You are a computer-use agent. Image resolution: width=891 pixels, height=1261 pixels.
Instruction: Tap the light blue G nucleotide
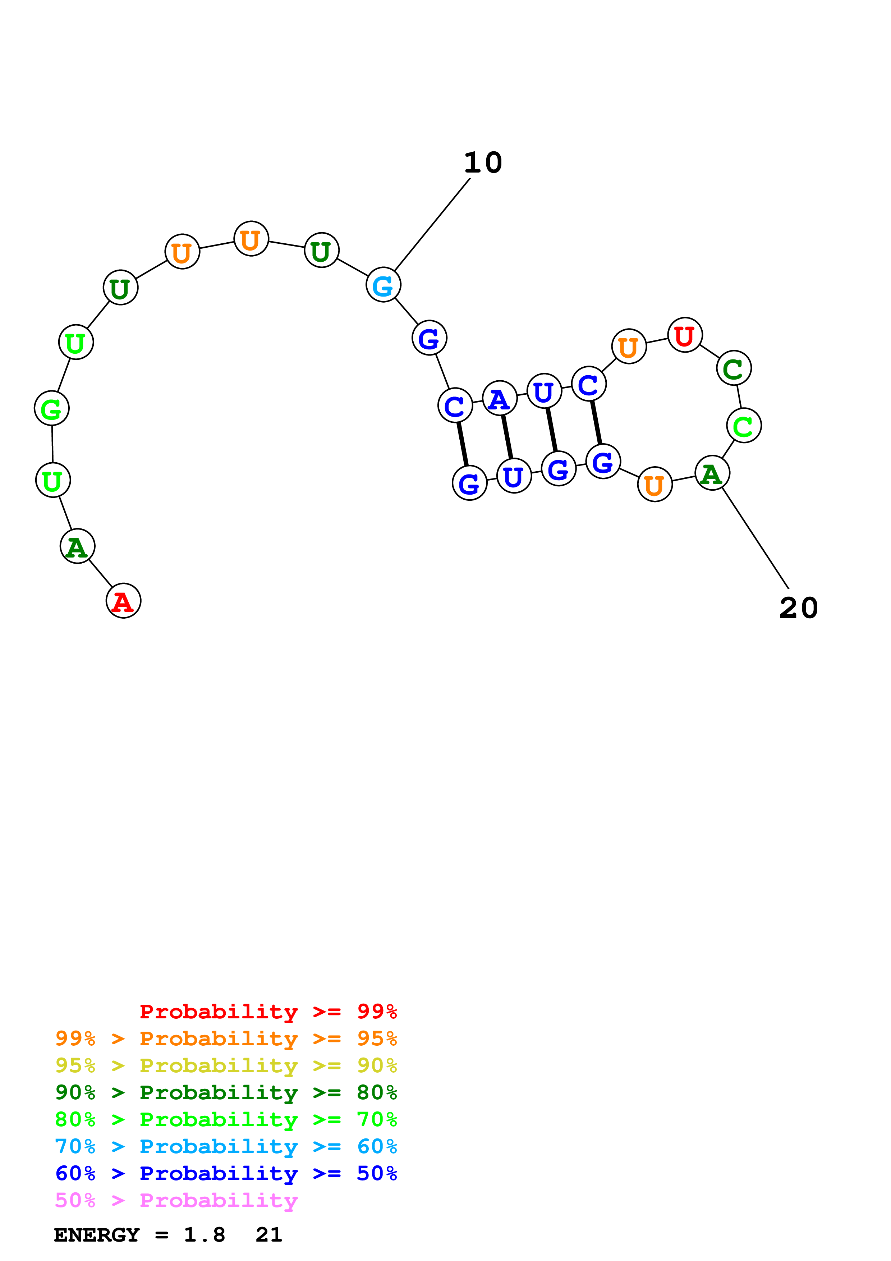click(x=383, y=284)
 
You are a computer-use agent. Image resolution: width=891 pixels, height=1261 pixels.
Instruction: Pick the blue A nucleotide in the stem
click(x=499, y=398)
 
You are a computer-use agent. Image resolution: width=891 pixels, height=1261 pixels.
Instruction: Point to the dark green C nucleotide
click(x=734, y=368)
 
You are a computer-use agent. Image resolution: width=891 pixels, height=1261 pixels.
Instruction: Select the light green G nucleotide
click(x=52, y=408)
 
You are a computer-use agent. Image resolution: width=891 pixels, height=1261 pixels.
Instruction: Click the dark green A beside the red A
click(x=77, y=546)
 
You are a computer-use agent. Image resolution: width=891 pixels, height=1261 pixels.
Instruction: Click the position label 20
click(x=798, y=608)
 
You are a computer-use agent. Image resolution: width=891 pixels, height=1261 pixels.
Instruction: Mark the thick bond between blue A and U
click(x=507, y=437)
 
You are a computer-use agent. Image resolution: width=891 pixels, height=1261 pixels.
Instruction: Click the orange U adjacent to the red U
click(x=629, y=346)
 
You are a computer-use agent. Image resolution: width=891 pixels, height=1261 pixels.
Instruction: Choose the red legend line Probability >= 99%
click(x=268, y=1011)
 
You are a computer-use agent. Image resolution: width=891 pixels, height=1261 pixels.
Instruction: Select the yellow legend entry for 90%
click(x=226, y=1065)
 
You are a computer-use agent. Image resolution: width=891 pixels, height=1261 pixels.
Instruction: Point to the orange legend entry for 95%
click(x=226, y=1038)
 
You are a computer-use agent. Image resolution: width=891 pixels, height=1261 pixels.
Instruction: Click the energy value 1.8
click(x=204, y=1235)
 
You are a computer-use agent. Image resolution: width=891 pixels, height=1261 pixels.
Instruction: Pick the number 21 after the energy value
click(x=268, y=1235)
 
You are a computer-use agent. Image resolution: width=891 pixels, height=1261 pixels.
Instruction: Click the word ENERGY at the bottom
click(x=97, y=1235)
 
